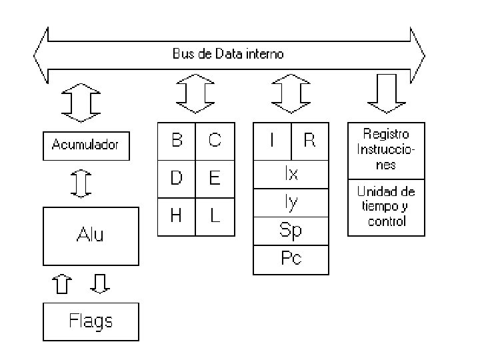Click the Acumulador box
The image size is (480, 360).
tap(86, 146)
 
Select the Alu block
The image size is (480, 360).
tap(91, 236)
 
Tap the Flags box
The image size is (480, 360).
tap(91, 322)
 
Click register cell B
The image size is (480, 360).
tap(176, 141)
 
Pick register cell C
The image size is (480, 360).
tap(215, 141)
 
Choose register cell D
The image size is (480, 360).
tap(176, 179)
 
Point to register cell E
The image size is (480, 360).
tap(215, 179)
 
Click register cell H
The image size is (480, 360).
tap(176, 217)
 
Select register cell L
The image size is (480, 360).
tap(215, 217)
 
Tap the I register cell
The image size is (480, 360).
tap(272, 141)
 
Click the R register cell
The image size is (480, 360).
tap(310, 141)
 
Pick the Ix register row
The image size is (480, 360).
tap(291, 174)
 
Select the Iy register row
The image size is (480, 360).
tap(291, 203)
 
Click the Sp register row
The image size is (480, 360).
tap(291, 231)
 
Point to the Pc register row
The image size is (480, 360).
tap(291, 260)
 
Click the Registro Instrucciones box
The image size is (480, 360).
tap(386, 151)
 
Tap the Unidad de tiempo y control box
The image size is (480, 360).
tap(386, 207)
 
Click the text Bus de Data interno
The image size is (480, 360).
tap(228, 54)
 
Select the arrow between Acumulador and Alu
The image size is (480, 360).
tap(81, 184)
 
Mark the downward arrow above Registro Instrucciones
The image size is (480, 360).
tap(387, 93)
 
